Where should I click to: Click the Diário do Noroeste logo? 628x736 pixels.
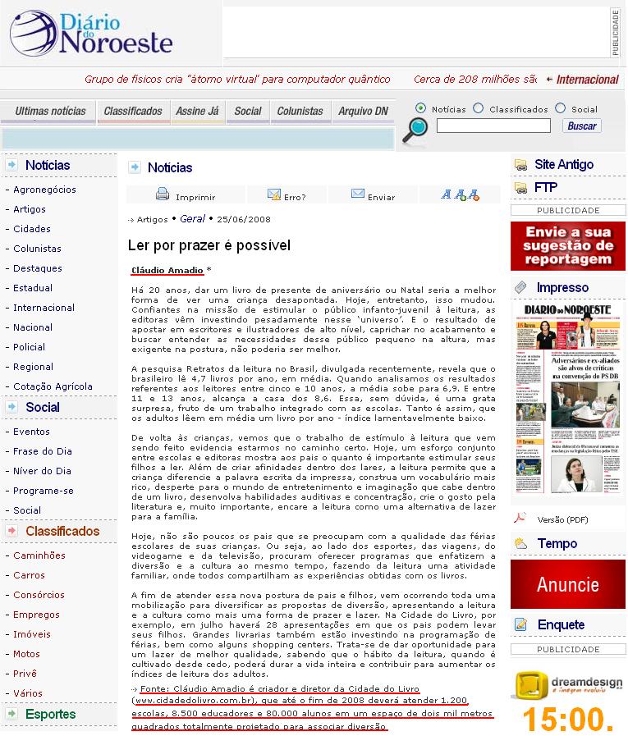[91, 34]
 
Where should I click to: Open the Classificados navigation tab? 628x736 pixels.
[133, 112]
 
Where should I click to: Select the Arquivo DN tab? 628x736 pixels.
[363, 112]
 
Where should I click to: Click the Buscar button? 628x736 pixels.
[582, 126]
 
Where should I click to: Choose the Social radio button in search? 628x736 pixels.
[561, 108]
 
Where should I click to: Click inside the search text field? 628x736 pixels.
[493, 126]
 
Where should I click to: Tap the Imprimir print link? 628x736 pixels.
[186, 196]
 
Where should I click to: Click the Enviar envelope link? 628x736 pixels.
[373, 196]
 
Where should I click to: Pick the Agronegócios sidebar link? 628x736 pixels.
[44, 190]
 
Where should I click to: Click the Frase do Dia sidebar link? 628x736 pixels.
[43, 451]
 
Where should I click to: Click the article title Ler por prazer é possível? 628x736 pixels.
[209, 245]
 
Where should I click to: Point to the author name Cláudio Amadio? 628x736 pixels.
[167, 270]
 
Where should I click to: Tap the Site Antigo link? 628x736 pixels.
[563, 165]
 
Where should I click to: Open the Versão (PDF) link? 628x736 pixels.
[562, 519]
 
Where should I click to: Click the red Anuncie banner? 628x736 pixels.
[567, 584]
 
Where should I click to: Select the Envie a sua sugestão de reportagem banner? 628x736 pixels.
[567, 246]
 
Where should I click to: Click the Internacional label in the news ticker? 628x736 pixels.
[587, 80]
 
